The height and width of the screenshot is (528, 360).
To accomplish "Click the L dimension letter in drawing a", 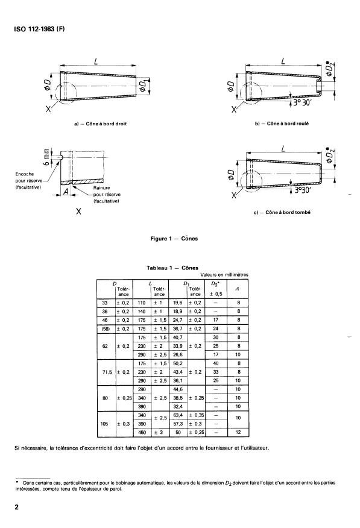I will pyautogui.click(x=96, y=61).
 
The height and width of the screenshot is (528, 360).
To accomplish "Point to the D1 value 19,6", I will pyautogui.click(x=177, y=302).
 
